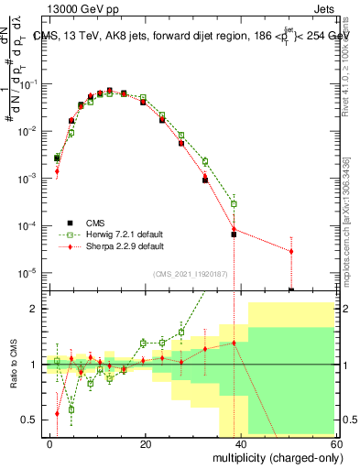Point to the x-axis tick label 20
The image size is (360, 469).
click(146, 443)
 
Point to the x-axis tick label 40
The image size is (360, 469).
click(241, 443)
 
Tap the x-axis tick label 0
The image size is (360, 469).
click(50, 443)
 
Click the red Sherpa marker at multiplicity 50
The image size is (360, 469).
click(290, 251)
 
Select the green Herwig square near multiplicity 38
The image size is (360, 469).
click(234, 203)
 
